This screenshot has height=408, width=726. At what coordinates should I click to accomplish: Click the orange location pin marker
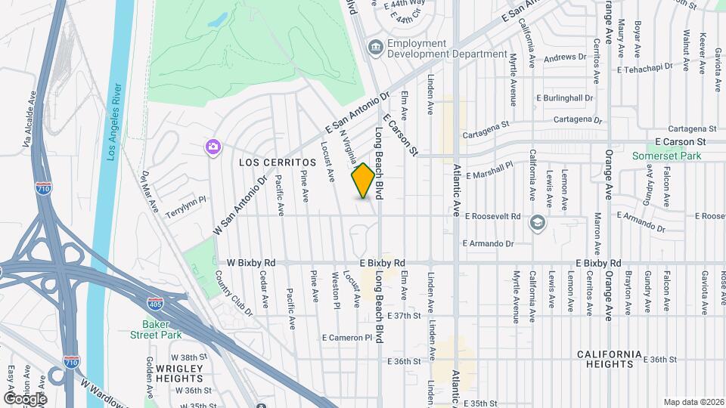coord(364,181)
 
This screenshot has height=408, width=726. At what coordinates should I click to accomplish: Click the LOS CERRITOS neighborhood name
coord(277,162)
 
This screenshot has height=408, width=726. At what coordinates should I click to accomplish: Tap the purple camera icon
coord(213,146)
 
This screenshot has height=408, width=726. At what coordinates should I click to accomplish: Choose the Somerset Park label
coord(668,156)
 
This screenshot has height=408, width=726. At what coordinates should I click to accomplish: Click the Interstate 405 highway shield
coord(155,304)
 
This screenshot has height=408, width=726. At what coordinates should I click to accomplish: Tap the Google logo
coord(25,398)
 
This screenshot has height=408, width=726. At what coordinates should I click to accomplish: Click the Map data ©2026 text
coord(693,402)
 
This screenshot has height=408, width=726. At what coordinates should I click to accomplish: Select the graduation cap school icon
coord(537,222)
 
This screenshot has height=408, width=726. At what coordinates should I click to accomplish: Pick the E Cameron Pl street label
coord(348,337)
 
